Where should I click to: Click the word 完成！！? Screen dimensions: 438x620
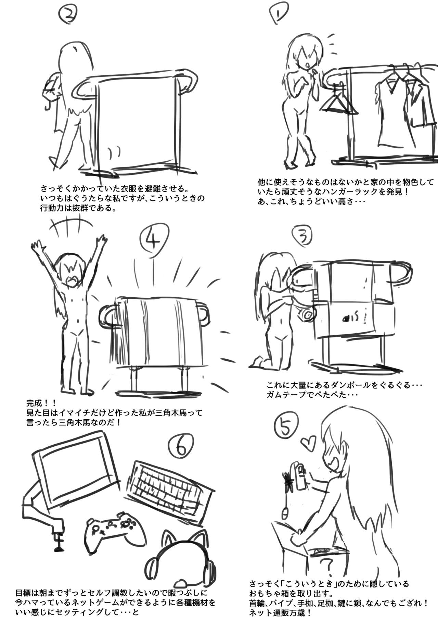43,402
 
